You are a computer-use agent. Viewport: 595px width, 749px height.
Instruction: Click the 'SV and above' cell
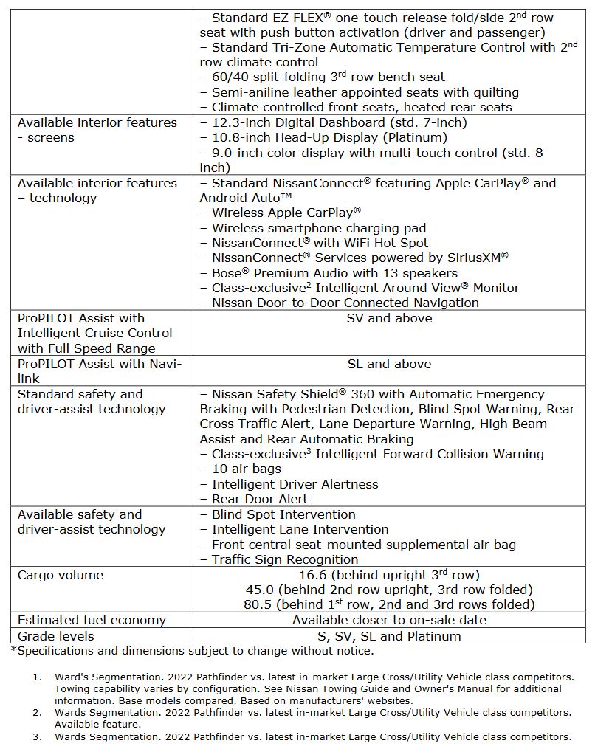[389, 319]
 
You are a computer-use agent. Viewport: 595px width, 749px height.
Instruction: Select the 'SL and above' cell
[389, 365]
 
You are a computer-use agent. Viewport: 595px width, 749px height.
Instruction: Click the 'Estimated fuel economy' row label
[92, 621]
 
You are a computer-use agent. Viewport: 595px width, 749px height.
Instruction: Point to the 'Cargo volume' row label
[61, 576]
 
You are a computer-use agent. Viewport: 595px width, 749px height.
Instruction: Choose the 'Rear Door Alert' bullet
[259, 500]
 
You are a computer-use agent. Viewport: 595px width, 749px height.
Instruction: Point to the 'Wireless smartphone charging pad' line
[318, 229]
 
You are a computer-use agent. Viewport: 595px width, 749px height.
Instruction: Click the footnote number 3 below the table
[37, 737]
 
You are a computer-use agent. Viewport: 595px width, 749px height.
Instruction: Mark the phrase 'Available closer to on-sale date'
[389, 621]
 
